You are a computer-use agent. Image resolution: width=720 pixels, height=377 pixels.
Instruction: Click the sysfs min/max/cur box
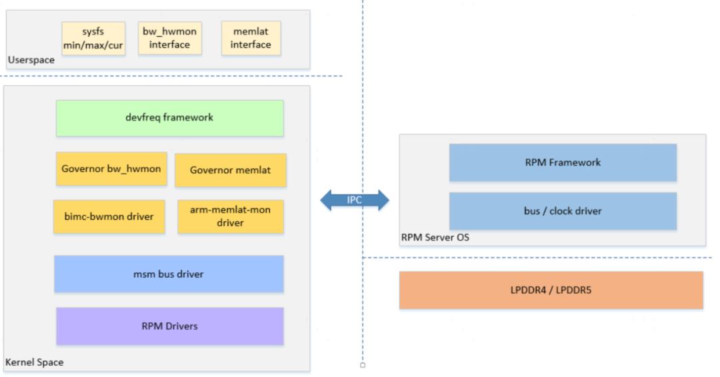pyautogui.click(x=93, y=38)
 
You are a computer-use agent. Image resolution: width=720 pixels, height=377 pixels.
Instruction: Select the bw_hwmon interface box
pyautogui.click(x=169, y=38)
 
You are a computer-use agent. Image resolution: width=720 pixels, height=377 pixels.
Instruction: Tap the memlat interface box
pyautogui.click(x=251, y=38)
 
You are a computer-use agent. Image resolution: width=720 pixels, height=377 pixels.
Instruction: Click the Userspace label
pyautogui.click(x=31, y=61)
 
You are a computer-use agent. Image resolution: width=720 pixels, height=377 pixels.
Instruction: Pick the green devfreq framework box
pyautogui.click(x=169, y=118)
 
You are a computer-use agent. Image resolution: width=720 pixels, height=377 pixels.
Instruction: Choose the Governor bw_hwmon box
pyautogui.click(x=111, y=169)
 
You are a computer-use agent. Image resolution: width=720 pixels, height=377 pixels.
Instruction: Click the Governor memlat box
pyautogui.click(x=231, y=171)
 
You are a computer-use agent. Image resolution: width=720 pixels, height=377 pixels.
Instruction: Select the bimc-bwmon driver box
pyautogui.click(x=109, y=216)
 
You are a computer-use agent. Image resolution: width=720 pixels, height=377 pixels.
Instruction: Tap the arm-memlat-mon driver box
pyautogui.click(x=231, y=216)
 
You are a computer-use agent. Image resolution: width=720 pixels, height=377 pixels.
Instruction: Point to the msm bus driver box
pyautogui.click(x=169, y=274)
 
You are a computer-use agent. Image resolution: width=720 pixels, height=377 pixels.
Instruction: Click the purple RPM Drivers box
pyautogui.click(x=169, y=326)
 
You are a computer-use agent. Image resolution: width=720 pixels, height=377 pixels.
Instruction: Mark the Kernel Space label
pyautogui.click(x=34, y=363)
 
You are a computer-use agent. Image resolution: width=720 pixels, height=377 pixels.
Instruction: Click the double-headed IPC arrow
pyautogui.click(x=355, y=200)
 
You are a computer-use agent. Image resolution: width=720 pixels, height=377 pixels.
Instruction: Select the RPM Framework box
pyautogui.click(x=563, y=163)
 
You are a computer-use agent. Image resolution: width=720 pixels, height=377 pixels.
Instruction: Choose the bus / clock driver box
pyautogui.click(x=563, y=211)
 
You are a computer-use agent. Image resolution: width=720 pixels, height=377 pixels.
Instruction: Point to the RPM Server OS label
pyautogui.click(x=435, y=237)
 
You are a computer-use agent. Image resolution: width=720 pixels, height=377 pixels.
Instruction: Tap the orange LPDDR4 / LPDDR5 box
pyautogui.click(x=551, y=290)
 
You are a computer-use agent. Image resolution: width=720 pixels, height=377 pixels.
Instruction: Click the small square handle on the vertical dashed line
pyautogui.click(x=363, y=365)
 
